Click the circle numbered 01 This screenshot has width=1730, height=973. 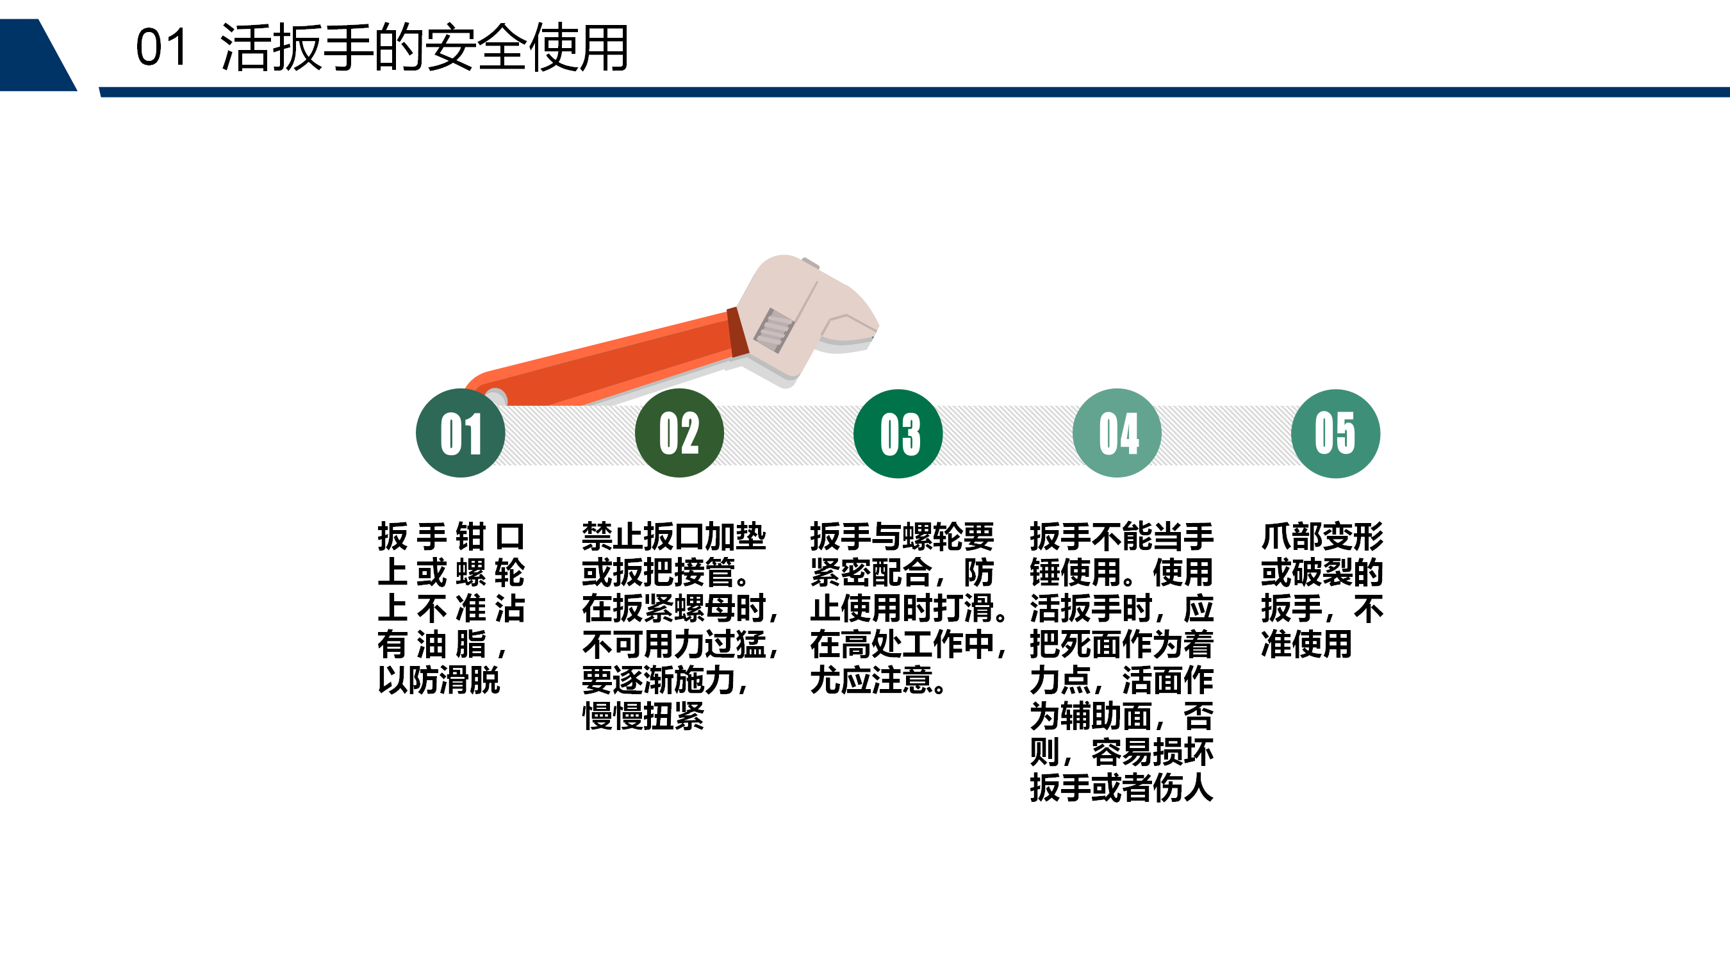[x=460, y=433]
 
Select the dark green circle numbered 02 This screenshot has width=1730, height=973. [x=679, y=433]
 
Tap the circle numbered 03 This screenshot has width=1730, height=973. [x=898, y=433]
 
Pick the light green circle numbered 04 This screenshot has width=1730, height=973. [x=1117, y=433]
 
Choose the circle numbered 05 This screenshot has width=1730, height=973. [x=1336, y=433]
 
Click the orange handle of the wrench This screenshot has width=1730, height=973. [x=604, y=360]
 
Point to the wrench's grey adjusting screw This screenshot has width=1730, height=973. [x=773, y=330]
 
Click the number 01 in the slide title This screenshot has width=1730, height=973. [x=161, y=47]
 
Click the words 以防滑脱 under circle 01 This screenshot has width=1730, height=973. [x=438, y=680]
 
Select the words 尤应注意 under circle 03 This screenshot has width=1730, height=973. [x=871, y=680]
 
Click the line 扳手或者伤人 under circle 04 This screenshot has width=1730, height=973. [x=1121, y=788]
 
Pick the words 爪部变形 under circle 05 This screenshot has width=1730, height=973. [x=1322, y=536]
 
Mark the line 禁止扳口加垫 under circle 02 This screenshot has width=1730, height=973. [x=673, y=536]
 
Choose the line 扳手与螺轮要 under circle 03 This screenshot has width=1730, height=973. [x=902, y=536]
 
